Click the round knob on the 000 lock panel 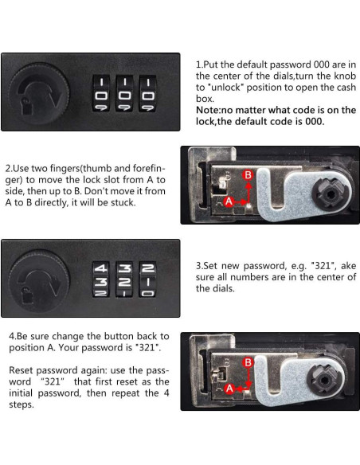39,93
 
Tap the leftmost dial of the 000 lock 101,93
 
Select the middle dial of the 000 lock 124,93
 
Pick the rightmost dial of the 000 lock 147,93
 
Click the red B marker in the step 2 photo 248,175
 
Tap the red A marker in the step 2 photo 229,201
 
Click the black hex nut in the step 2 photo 330,194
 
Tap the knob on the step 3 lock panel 39,280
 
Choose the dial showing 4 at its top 101,279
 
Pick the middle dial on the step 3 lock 124,279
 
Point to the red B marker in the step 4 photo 248,362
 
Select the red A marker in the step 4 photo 229,389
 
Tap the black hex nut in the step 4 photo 324,380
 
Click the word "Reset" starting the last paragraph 21,370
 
